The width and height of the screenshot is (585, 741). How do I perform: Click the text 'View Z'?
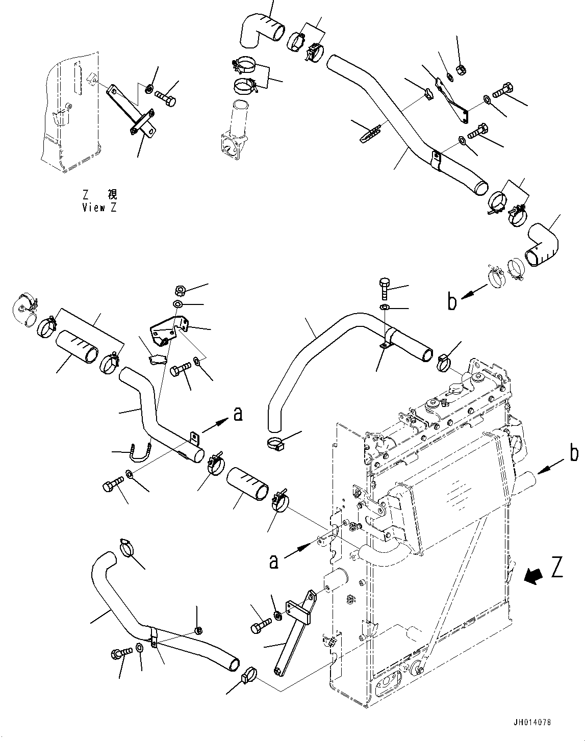click(x=99, y=208)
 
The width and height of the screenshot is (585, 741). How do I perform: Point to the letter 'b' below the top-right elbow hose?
click(x=452, y=302)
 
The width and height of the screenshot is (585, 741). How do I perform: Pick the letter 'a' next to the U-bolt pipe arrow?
click(x=237, y=414)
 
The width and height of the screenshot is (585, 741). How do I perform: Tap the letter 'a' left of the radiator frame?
click(x=274, y=561)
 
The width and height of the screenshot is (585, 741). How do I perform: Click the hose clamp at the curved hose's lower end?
click(x=275, y=443)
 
